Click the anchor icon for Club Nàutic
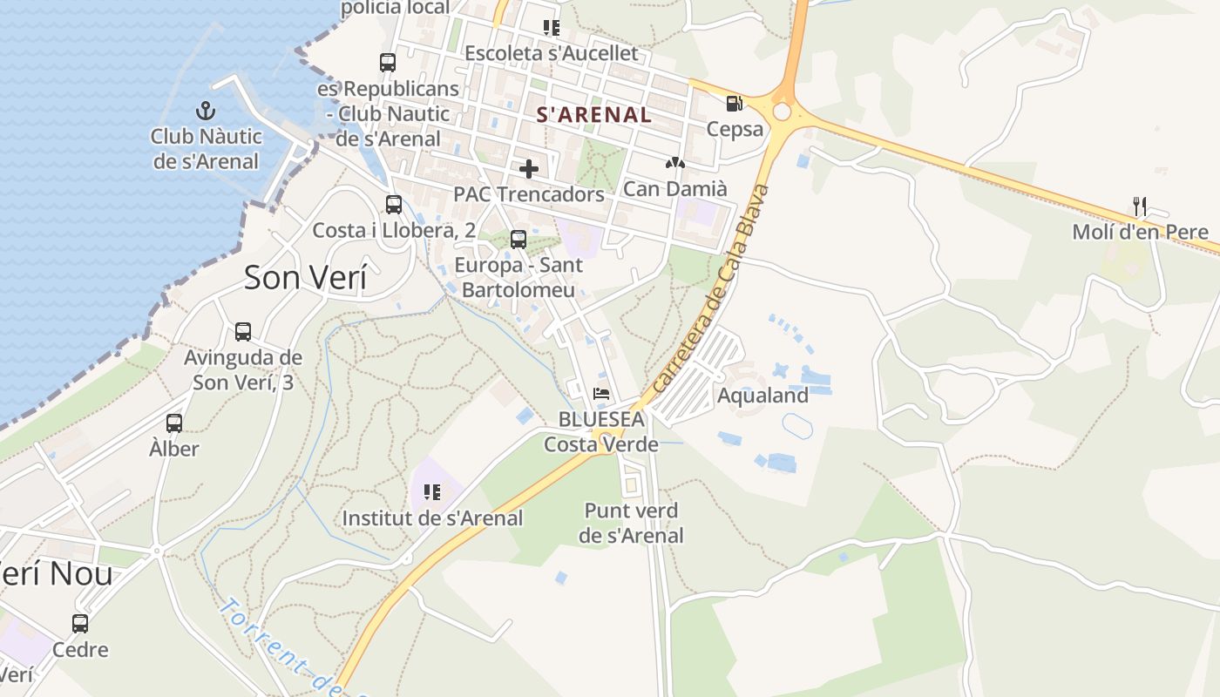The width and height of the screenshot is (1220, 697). [206, 111]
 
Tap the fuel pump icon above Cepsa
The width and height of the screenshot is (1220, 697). [735, 104]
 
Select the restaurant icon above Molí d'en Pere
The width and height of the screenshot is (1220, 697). [1140, 206]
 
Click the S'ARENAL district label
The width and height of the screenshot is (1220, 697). [593, 114]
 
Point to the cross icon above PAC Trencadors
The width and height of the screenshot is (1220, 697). [528, 168]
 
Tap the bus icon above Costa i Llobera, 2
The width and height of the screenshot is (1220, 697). [394, 205]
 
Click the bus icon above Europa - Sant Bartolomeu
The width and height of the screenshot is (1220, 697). [518, 239]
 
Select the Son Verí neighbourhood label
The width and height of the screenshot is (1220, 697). [305, 277]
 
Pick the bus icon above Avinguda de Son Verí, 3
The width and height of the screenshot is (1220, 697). [243, 332]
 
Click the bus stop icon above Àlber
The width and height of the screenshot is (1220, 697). [174, 423]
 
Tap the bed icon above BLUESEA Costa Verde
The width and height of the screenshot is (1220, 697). [601, 394]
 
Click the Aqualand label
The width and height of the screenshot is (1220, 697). [762, 396]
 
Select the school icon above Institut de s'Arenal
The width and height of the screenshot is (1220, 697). [431, 492]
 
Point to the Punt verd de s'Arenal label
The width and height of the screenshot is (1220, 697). [631, 523]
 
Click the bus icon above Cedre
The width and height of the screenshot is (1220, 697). [80, 624]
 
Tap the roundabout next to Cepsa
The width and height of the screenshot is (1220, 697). [782, 112]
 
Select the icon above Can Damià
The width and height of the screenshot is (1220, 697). [674, 163]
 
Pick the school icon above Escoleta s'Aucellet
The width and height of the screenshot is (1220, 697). [551, 28]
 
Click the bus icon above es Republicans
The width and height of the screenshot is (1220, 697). [388, 63]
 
